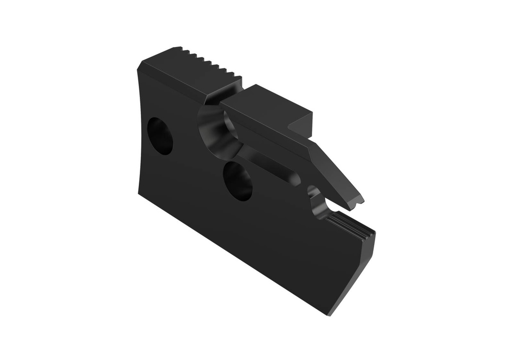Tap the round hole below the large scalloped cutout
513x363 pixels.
[237, 181]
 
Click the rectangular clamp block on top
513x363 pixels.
[266, 107]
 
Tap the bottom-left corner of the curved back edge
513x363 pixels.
[138, 193]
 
